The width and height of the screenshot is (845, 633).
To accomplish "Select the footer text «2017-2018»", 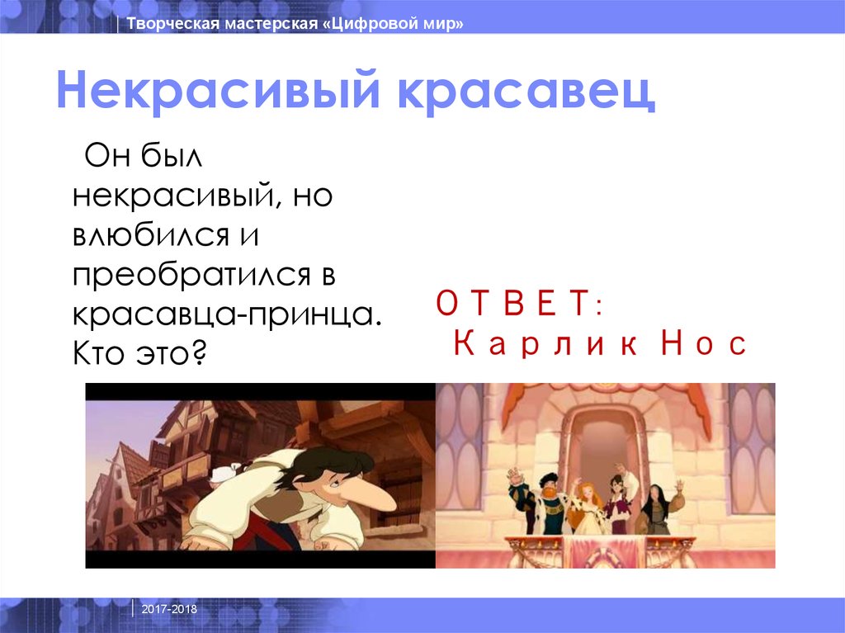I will click(169, 608).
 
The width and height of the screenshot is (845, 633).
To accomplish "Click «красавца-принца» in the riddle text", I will click(227, 316).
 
